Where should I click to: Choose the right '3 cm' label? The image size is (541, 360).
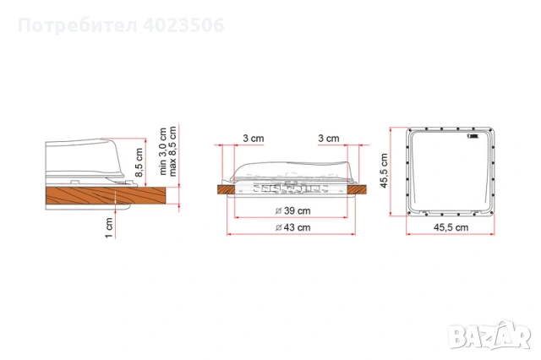point(330,139)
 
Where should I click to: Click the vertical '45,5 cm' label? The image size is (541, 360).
point(382,172)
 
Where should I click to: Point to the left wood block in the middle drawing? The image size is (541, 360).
point(225,190)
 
